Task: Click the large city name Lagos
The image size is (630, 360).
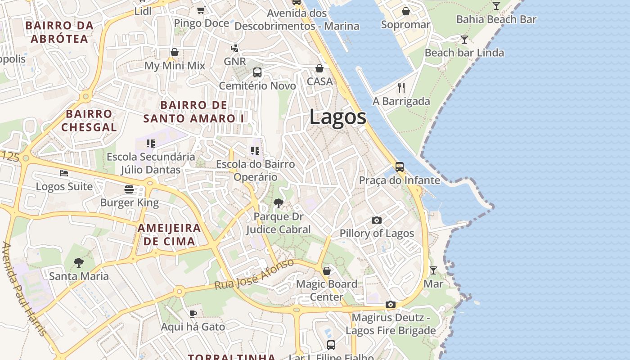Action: pyautogui.click(x=337, y=117)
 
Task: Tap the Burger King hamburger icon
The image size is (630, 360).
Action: pyautogui.click(x=129, y=189)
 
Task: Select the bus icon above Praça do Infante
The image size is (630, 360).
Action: pyautogui.click(x=399, y=167)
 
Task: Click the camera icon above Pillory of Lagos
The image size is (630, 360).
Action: pyautogui.click(x=377, y=220)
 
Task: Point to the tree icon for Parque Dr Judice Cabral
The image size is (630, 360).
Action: pyautogui.click(x=278, y=203)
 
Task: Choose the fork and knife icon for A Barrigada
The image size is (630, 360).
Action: pyautogui.click(x=401, y=88)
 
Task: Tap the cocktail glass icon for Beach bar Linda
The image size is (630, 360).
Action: pyautogui.click(x=464, y=40)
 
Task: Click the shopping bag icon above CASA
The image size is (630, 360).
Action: pyautogui.click(x=319, y=68)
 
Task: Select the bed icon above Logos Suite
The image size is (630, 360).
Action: pyautogui.click(x=64, y=173)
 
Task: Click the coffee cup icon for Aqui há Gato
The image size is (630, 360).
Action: pyautogui.click(x=193, y=314)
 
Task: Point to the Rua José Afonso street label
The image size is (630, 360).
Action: pyautogui.click(x=254, y=274)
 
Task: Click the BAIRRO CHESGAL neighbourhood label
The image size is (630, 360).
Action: pyautogui.click(x=89, y=121)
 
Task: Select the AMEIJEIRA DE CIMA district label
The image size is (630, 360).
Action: pyautogui.click(x=169, y=234)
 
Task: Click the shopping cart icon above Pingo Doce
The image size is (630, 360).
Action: pyautogui.click(x=201, y=10)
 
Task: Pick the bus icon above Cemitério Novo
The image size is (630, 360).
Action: pyautogui.click(x=257, y=72)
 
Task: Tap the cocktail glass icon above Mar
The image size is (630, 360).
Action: pyautogui.click(x=433, y=270)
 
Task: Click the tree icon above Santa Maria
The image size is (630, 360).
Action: pyautogui.click(x=79, y=262)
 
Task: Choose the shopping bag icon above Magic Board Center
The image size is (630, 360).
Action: pyautogui.click(x=327, y=271)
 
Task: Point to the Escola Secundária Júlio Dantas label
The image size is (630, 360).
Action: pyautogui.click(x=151, y=163)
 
